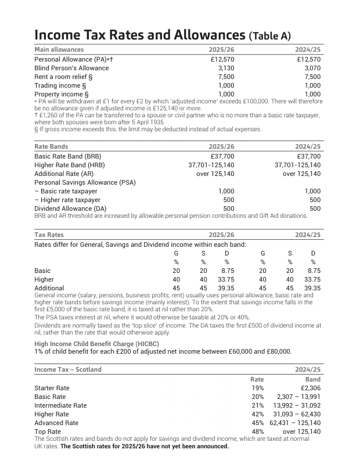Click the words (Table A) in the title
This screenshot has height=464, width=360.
point(269,36)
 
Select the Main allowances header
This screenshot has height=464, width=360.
point(59,49)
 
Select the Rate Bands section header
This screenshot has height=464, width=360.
point(51,147)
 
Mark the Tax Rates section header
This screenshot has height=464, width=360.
point(49,235)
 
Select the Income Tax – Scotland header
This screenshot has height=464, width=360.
point(68,369)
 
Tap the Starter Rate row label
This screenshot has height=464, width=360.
point(52,388)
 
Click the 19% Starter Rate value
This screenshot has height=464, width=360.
point(257,388)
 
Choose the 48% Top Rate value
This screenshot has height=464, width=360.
point(257,431)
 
